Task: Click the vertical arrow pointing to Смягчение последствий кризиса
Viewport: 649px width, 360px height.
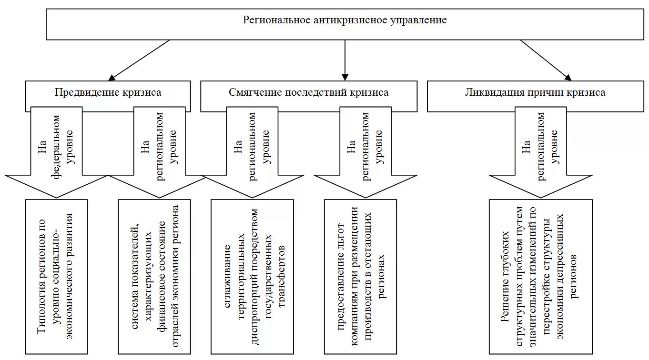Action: click(x=345, y=60)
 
